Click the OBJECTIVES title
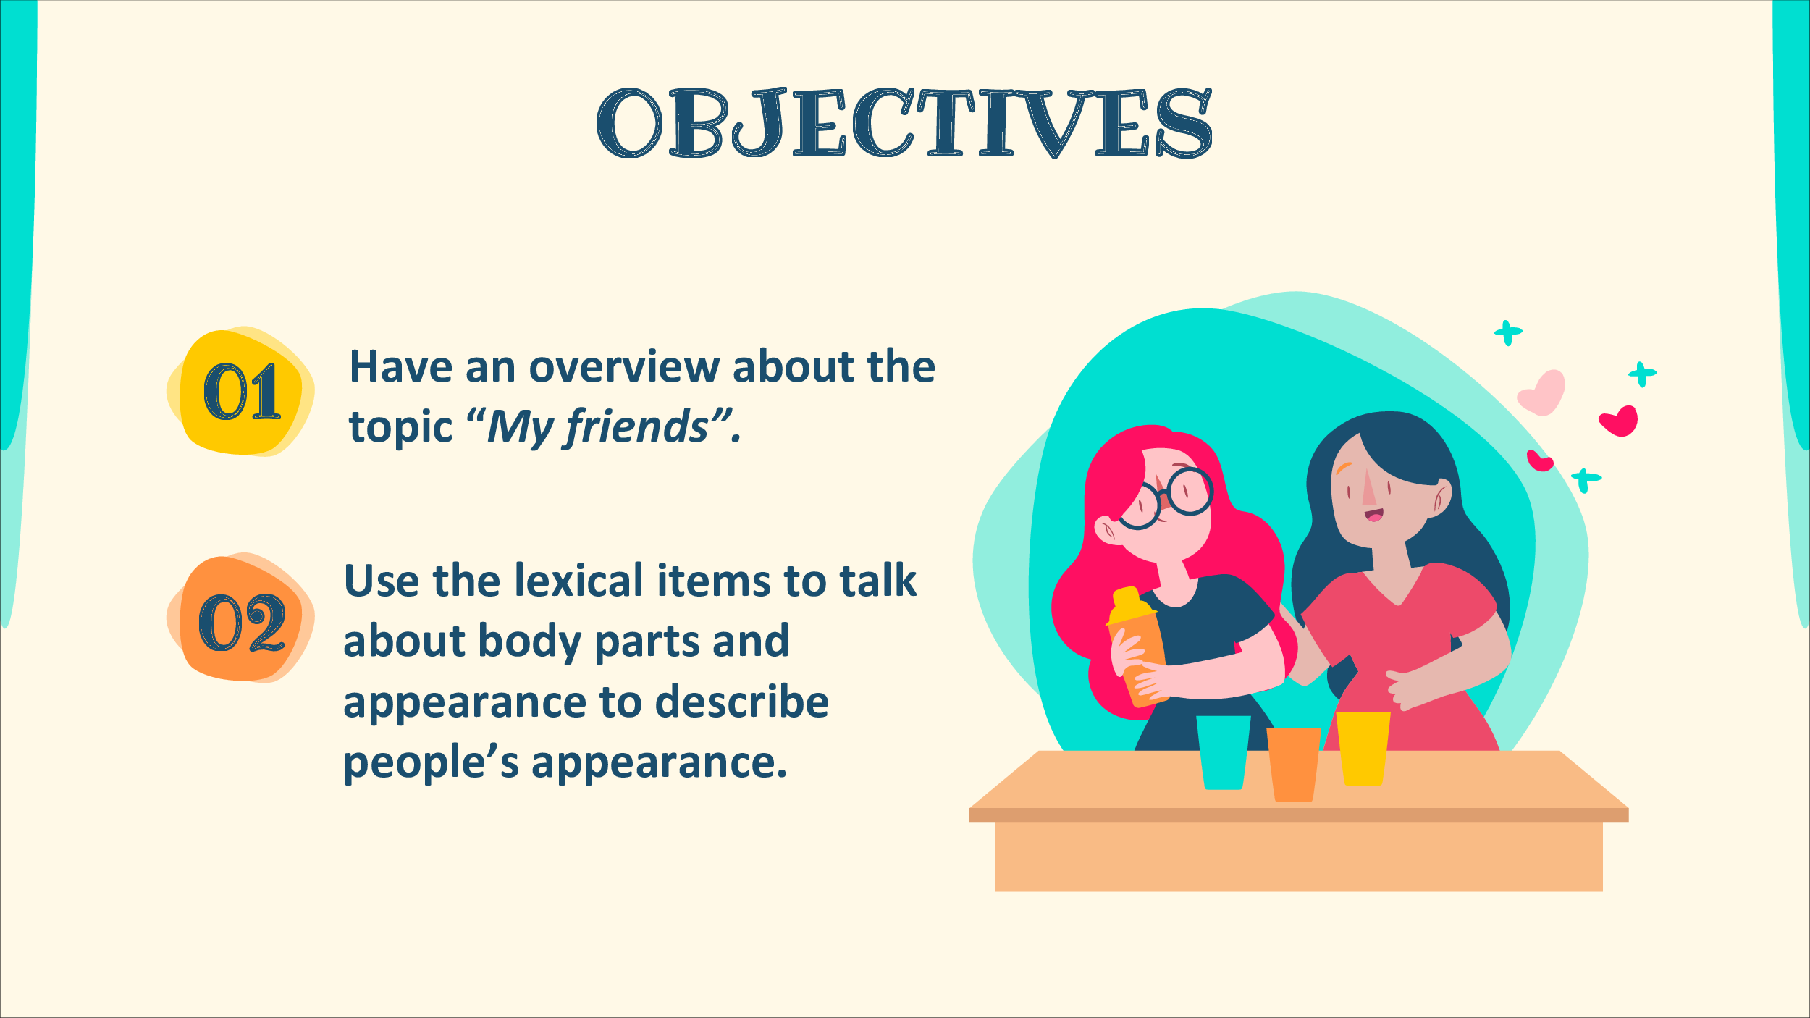(x=904, y=122)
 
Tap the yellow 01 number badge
(x=241, y=391)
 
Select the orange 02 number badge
(x=241, y=618)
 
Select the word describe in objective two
(x=741, y=702)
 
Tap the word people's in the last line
(x=431, y=764)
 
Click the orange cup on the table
(x=1294, y=765)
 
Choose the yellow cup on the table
(x=1363, y=749)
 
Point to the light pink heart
(x=1542, y=392)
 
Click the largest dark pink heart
(x=1620, y=421)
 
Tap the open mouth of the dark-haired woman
(x=1373, y=516)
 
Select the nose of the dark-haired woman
(x=1368, y=487)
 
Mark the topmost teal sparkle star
(x=1508, y=333)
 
